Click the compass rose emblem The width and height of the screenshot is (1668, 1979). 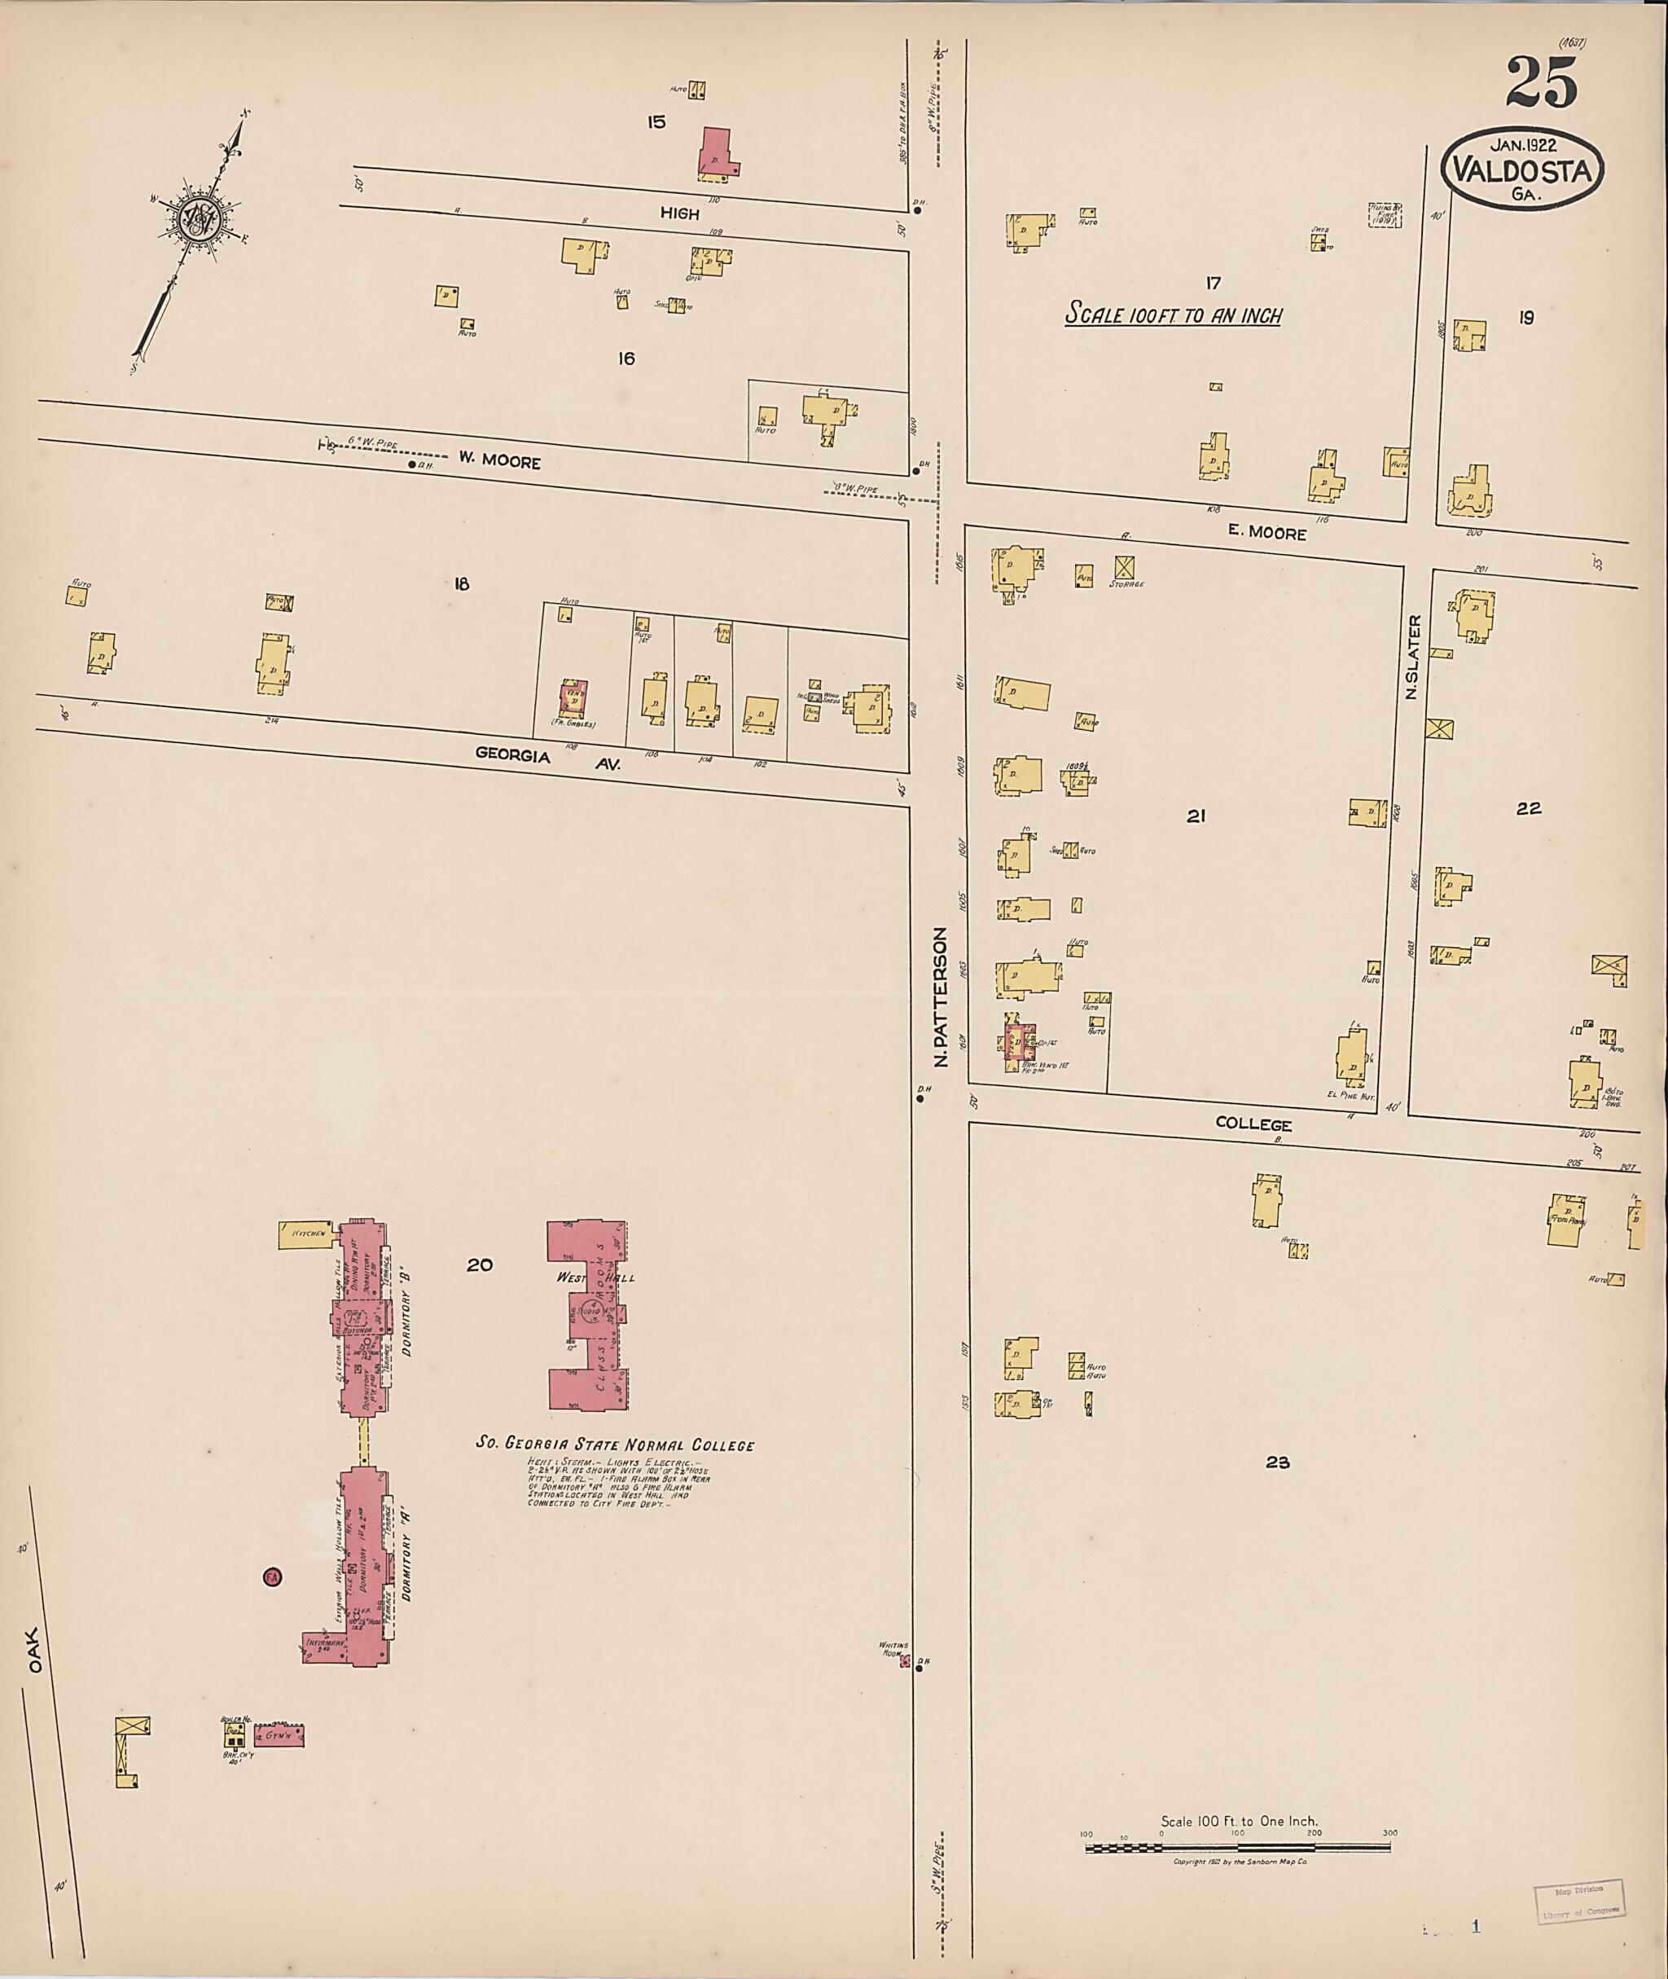point(200,219)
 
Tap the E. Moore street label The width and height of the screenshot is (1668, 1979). point(1266,533)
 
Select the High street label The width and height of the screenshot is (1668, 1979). point(679,213)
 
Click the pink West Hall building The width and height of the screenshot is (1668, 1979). point(589,1316)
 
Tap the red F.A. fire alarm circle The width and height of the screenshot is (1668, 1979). point(272,1577)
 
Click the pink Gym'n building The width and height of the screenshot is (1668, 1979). point(279,1735)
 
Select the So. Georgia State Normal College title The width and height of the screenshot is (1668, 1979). point(615,1445)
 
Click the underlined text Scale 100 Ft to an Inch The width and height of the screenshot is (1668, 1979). point(1173,315)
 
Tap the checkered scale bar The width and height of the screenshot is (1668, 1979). point(1239,1846)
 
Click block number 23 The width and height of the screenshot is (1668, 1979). point(1278,1462)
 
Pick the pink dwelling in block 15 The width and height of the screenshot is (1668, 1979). point(717,154)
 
